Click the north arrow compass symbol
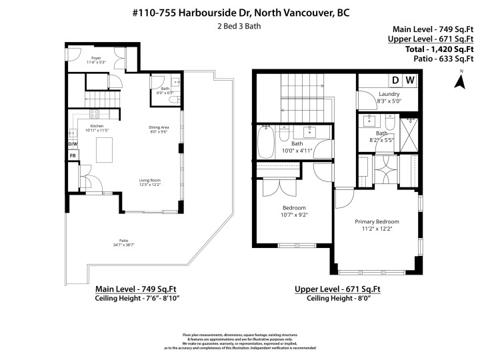[459, 81]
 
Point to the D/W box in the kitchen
[73, 144]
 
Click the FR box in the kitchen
[73, 156]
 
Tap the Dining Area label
[158, 129]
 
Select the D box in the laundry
[395, 81]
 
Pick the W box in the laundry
[411, 81]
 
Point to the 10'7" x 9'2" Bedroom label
[294, 211]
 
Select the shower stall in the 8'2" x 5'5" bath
[409, 133]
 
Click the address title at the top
[240, 12]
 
